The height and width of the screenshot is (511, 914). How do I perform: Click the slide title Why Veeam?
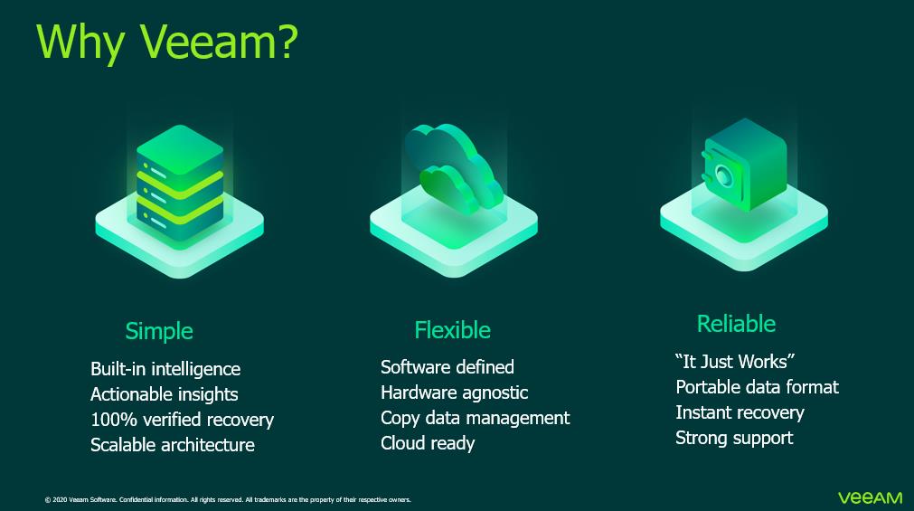click(x=166, y=43)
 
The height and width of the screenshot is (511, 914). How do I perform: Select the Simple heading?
click(x=158, y=331)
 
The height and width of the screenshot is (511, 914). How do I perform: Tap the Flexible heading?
click(x=452, y=330)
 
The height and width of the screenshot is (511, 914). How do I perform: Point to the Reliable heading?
click(x=736, y=324)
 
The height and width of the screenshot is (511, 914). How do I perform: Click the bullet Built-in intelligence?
click(x=165, y=369)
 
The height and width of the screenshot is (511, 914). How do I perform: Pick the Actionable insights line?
click(x=165, y=394)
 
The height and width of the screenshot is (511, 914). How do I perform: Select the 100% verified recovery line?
click(x=182, y=420)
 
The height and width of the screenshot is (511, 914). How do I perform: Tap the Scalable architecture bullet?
click(x=173, y=445)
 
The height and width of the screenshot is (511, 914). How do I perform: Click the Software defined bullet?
click(x=448, y=367)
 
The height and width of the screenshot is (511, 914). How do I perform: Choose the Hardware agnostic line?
click(x=454, y=393)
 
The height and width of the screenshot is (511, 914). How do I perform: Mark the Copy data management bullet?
click(x=475, y=418)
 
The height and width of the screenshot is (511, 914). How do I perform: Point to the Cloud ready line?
click(x=428, y=443)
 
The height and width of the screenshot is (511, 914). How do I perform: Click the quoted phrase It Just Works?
click(x=735, y=362)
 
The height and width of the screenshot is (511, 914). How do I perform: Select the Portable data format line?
click(x=758, y=387)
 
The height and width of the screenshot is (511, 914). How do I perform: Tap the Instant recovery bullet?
click(x=740, y=412)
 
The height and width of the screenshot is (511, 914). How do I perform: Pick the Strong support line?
click(x=734, y=438)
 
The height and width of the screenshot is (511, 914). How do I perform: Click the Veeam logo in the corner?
click(x=871, y=498)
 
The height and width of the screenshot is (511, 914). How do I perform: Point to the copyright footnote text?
click(x=228, y=500)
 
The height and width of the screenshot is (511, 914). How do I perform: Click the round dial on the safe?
click(x=723, y=175)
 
